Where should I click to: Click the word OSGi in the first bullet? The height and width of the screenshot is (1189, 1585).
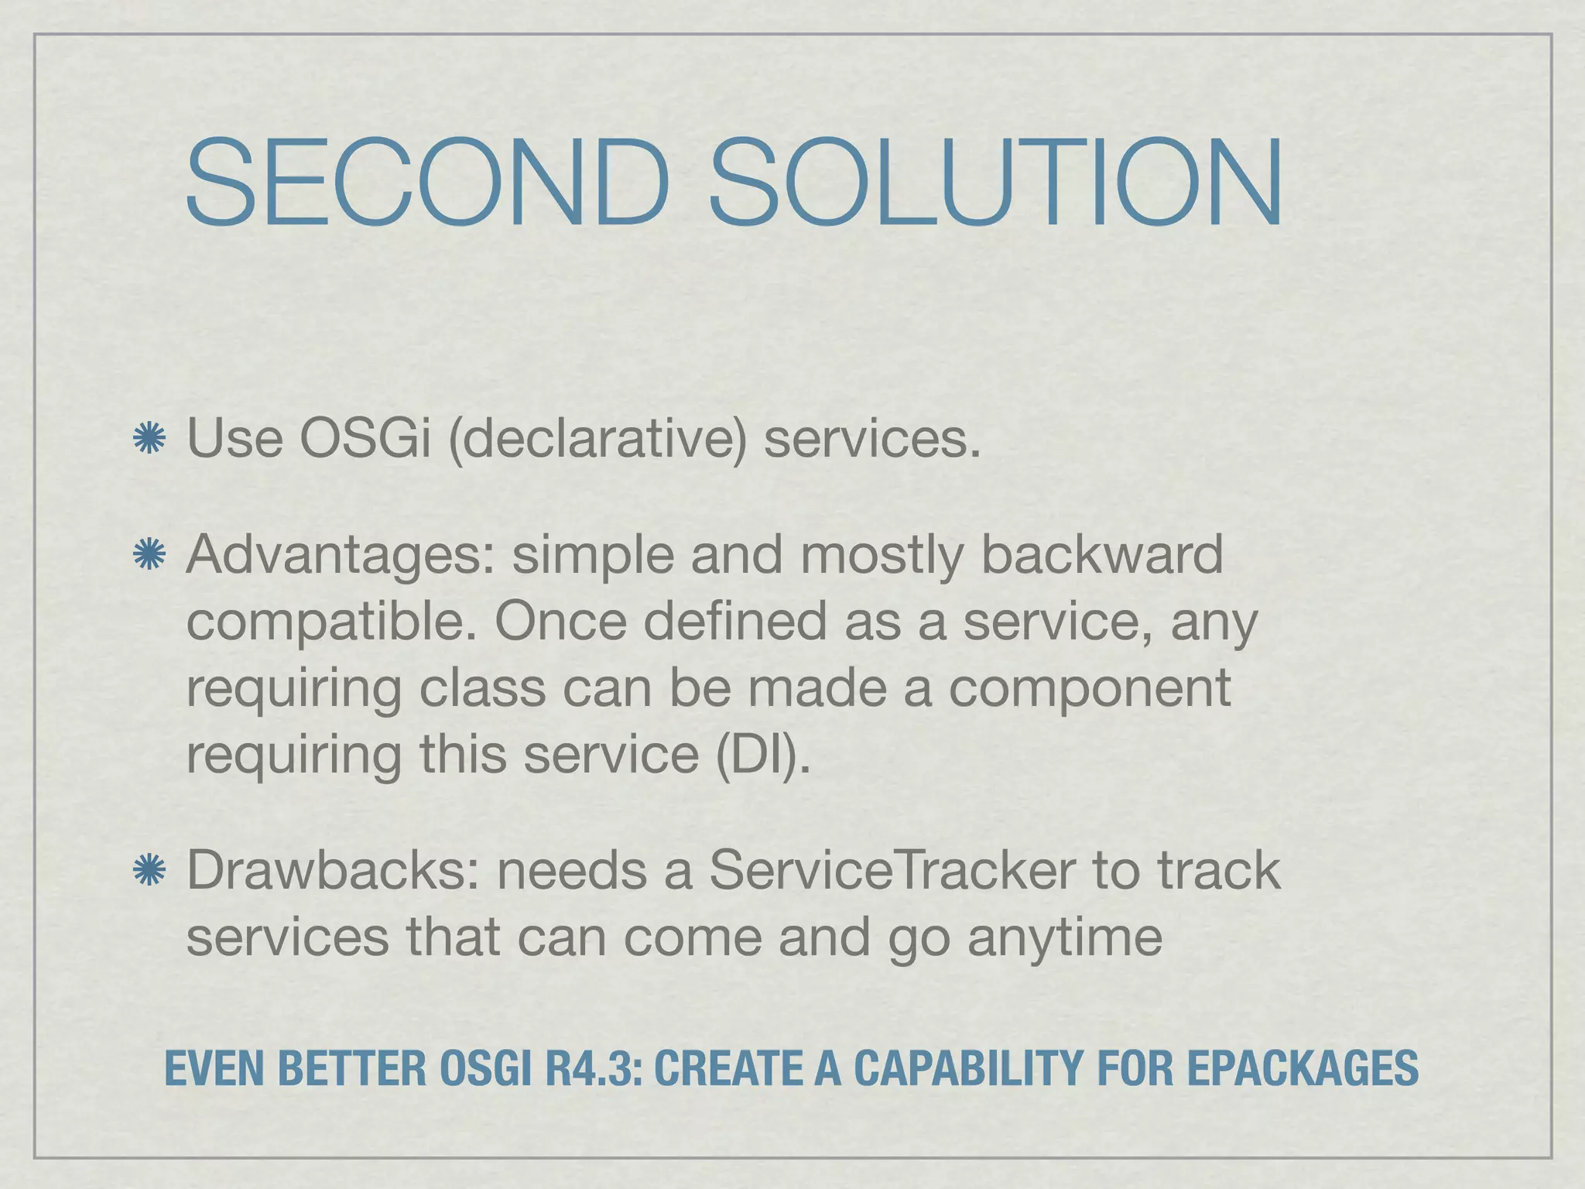pos(365,439)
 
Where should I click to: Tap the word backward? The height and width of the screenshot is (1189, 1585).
pos(1102,555)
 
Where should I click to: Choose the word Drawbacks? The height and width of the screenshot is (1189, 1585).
pos(333,871)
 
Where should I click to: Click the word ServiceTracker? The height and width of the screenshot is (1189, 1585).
pos(892,871)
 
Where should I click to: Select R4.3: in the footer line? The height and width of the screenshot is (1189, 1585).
pos(594,1069)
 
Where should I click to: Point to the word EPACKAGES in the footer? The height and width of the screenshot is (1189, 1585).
pos(1303,1069)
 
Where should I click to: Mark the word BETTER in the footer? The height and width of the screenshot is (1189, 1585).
pos(351,1069)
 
